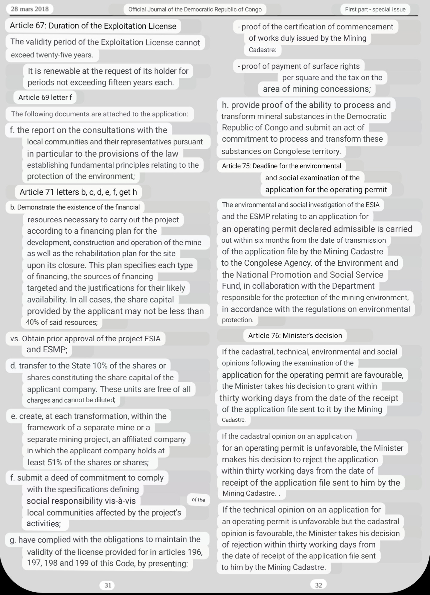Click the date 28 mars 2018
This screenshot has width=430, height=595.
(x=30, y=9)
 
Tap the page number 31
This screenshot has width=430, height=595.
(x=108, y=585)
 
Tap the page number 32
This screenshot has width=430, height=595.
(x=318, y=585)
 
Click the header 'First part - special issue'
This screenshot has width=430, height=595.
(x=375, y=9)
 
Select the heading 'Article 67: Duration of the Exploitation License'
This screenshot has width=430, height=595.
(x=93, y=26)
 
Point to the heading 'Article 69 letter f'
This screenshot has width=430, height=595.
(x=45, y=97)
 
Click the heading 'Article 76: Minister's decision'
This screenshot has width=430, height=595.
(x=295, y=335)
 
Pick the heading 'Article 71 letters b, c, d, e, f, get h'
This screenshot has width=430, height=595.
(x=78, y=192)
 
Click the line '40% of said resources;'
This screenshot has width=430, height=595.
(x=62, y=322)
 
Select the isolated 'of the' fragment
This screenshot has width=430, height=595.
(x=198, y=500)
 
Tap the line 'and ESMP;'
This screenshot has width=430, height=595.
(x=47, y=350)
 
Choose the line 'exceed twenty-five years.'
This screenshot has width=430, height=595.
(x=52, y=55)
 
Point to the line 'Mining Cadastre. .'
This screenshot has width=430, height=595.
(x=251, y=493)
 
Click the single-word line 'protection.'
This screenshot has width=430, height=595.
(x=237, y=320)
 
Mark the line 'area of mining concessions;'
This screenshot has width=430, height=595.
(x=317, y=89)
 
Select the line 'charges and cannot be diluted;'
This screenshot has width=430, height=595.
(x=71, y=400)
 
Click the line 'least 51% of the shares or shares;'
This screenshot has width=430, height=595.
(x=88, y=462)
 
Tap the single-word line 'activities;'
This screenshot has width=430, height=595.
(x=44, y=524)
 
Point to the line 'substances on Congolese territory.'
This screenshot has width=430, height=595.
(x=281, y=151)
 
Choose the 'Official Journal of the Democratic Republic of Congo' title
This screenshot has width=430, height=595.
(x=195, y=9)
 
